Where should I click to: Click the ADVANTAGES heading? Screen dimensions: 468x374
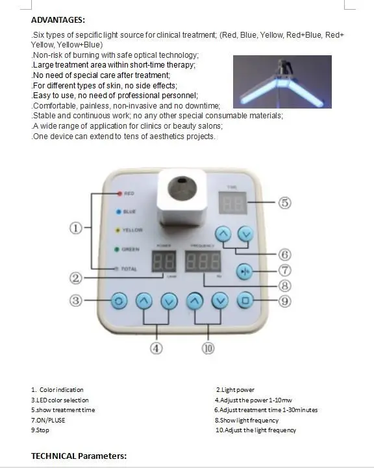coord(58,20)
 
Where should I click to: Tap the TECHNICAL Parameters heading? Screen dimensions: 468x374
coord(79,456)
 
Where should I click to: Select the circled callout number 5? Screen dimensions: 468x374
coord(284,203)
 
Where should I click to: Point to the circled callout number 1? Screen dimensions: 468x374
coord(76,227)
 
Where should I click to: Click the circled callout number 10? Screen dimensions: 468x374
coord(208,348)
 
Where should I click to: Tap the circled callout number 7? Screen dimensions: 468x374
coord(284,270)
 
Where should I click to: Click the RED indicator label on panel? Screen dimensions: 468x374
coord(129,194)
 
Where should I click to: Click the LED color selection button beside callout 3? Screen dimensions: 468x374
coord(118,301)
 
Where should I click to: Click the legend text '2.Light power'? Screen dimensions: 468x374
coord(236,389)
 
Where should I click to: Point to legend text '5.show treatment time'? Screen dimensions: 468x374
coord(63,410)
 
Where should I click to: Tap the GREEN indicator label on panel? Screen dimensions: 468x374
coord(131,249)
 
